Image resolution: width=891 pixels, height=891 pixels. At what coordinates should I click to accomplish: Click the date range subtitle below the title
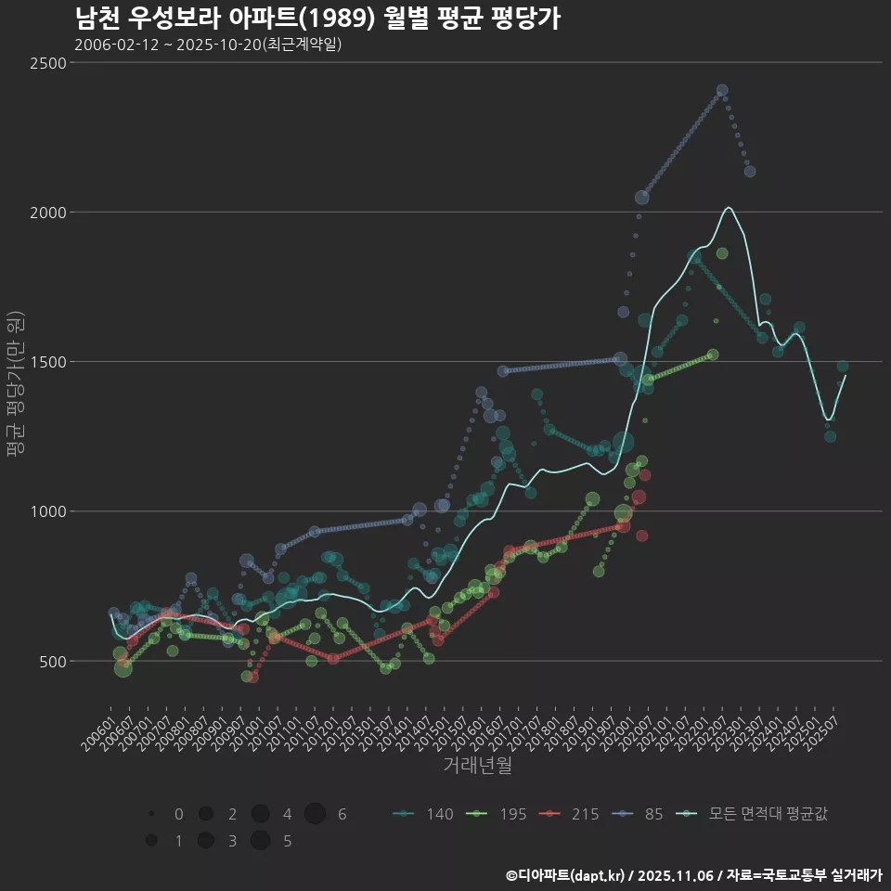208,45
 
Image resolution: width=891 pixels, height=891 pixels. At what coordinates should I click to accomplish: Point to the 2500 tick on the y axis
48,63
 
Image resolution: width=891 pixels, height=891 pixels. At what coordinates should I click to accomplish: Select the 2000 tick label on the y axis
48,213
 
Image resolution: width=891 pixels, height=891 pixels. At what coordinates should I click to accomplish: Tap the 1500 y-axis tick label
48,362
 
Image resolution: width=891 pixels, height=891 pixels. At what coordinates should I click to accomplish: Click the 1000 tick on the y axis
48,511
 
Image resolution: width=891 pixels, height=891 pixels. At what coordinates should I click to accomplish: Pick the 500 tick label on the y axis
52,661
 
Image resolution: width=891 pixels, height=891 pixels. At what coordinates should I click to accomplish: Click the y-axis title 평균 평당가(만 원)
14,383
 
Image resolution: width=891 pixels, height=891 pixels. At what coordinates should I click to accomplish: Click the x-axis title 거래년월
477,766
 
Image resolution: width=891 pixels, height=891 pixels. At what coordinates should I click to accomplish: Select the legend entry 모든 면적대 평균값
752,814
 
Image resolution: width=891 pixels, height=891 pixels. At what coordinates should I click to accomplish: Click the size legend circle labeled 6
315,814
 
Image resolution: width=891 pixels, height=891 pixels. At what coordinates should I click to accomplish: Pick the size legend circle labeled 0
151,814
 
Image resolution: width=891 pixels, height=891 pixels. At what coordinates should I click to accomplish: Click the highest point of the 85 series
722,90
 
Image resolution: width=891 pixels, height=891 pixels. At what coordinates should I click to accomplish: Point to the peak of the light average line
730,207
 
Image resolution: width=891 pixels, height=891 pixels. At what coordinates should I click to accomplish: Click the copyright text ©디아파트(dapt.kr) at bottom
566,875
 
